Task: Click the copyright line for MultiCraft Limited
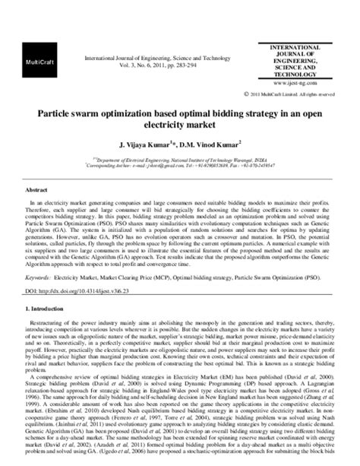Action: point(289,94)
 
